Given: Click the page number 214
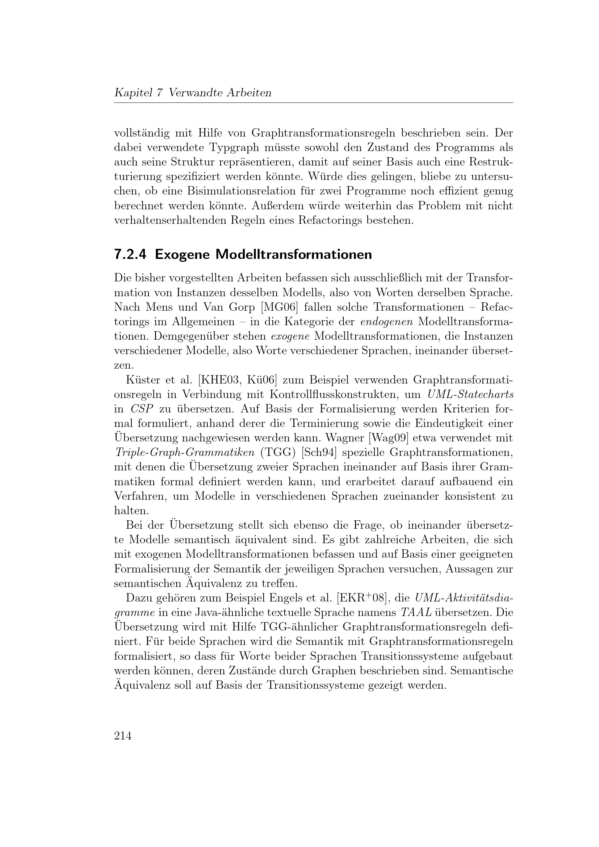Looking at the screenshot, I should pos(123,735).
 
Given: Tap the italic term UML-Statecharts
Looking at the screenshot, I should pos(470,394).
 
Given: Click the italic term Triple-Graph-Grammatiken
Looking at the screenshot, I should pos(184,453).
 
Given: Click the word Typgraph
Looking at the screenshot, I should pos(235,147).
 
